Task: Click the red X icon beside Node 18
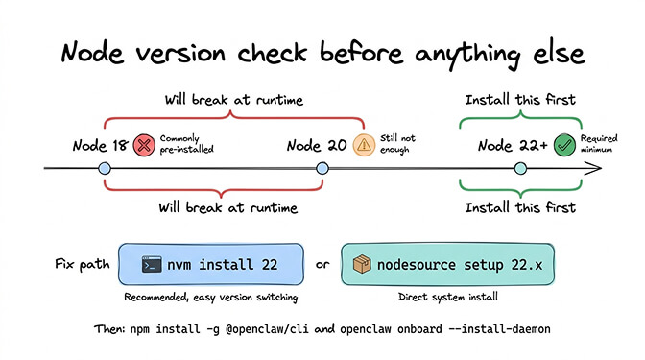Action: [x=144, y=145]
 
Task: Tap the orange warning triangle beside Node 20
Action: [x=364, y=145]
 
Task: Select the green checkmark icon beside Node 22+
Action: [x=563, y=145]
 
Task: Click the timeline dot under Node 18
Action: [x=105, y=169]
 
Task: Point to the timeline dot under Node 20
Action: [x=322, y=169]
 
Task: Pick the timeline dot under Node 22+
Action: [x=520, y=169]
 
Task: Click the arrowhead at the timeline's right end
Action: [x=597, y=169]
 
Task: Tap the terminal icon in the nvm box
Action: [x=151, y=263]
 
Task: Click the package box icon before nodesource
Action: [x=362, y=263]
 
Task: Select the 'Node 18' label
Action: [x=100, y=146]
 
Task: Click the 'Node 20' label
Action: [x=317, y=146]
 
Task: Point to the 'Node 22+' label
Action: [x=514, y=146]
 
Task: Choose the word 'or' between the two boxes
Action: [x=322, y=263]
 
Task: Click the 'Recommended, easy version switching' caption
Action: [x=208, y=296]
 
